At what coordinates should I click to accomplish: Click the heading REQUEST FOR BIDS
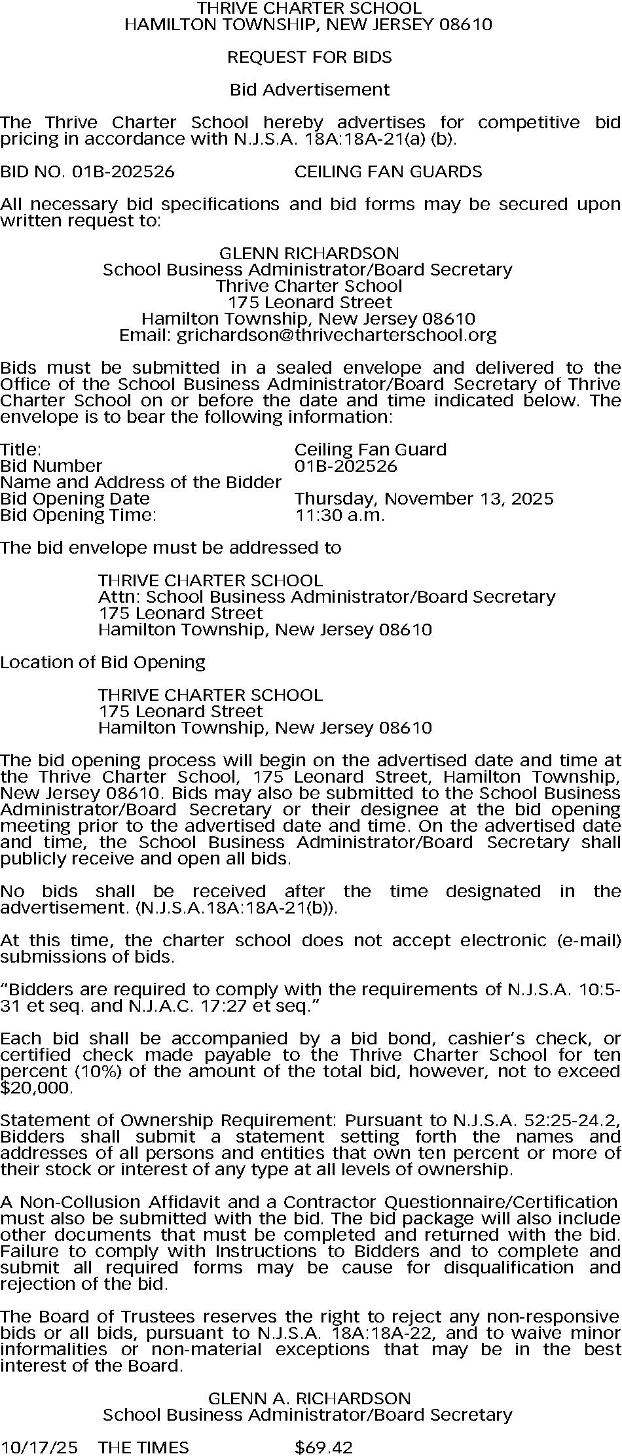click(310, 58)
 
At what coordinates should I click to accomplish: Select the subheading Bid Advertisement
click(310, 90)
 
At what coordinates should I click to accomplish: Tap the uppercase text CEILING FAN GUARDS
click(388, 172)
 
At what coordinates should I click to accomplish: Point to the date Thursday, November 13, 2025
click(424, 499)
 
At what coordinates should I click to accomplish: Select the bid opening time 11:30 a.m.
click(340, 515)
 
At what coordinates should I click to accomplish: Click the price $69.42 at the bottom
click(324, 1447)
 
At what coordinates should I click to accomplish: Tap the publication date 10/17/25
click(39, 1447)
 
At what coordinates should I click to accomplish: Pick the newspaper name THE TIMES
click(143, 1447)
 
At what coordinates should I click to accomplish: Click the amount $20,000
click(36, 1088)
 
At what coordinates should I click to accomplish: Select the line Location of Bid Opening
click(103, 662)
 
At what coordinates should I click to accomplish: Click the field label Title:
click(21, 450)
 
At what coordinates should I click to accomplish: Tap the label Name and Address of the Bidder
click(141, 482)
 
